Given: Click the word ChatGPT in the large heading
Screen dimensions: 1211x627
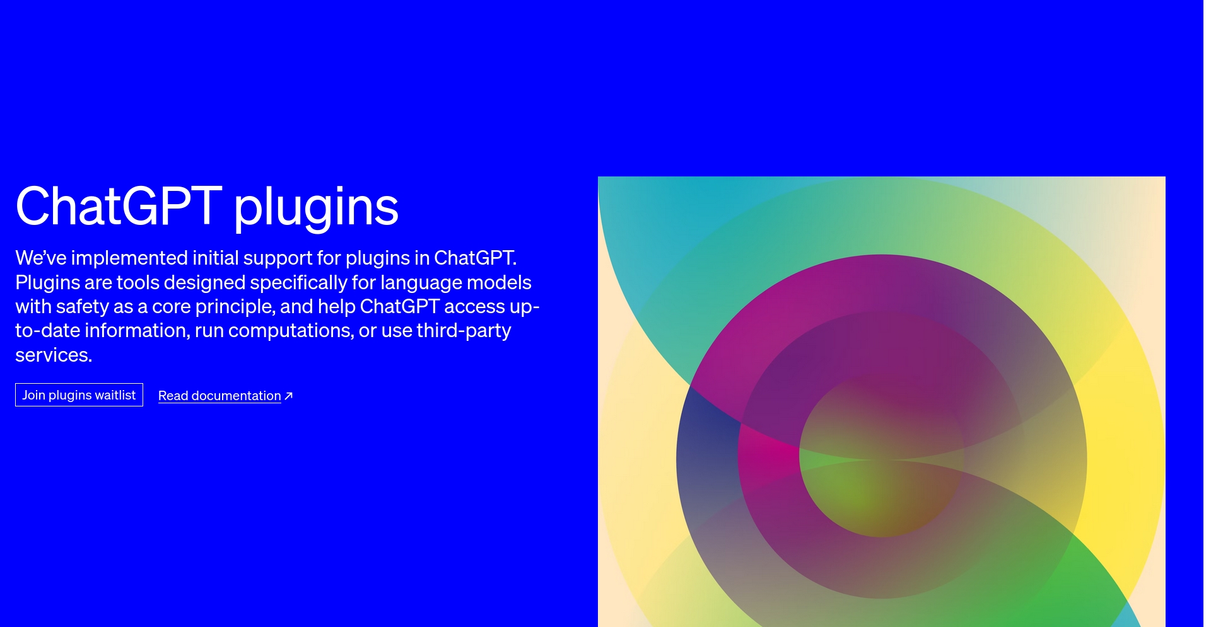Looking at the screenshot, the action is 119,205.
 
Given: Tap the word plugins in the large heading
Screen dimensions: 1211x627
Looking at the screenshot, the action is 316,208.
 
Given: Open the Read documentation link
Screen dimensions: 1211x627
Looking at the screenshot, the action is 219,396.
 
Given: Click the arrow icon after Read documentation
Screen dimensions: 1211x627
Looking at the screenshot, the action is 289,396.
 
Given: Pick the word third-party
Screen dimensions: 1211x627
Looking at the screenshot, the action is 464,331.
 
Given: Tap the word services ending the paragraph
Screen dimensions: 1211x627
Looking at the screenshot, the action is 54,355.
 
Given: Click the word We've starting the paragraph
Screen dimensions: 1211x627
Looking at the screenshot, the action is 41,258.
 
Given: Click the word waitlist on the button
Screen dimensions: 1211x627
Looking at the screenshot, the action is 115,395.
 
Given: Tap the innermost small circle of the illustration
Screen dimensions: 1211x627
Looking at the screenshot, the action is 881,456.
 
